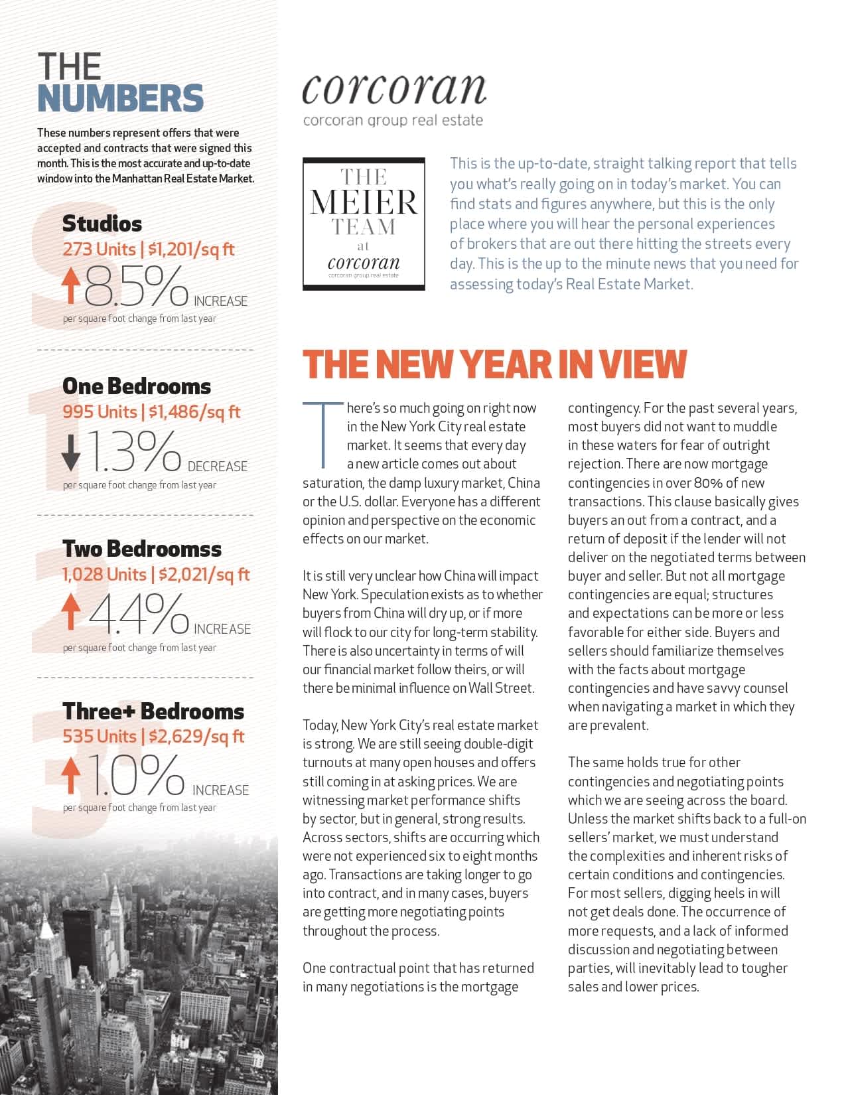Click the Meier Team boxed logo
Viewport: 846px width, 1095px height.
(x=364, y=224)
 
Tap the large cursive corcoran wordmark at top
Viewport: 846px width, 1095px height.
(x=393, y=89)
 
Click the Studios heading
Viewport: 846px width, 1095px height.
(x=102, y=224)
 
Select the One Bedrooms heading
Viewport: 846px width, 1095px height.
(x=137, y=386)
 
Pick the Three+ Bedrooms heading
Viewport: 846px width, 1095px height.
(x=153, y=711)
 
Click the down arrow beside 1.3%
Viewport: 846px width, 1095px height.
(x=71, y=451)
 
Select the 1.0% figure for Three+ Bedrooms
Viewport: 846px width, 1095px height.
(x=136, y=775)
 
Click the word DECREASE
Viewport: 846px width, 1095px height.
(x=218, y=467)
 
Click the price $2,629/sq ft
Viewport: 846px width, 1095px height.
(x=196, y=737)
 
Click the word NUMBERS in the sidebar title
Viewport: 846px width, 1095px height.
(x=120, y=98)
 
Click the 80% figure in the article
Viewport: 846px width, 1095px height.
(x=709, y=483)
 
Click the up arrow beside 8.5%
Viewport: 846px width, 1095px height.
(x=71, y=287)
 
